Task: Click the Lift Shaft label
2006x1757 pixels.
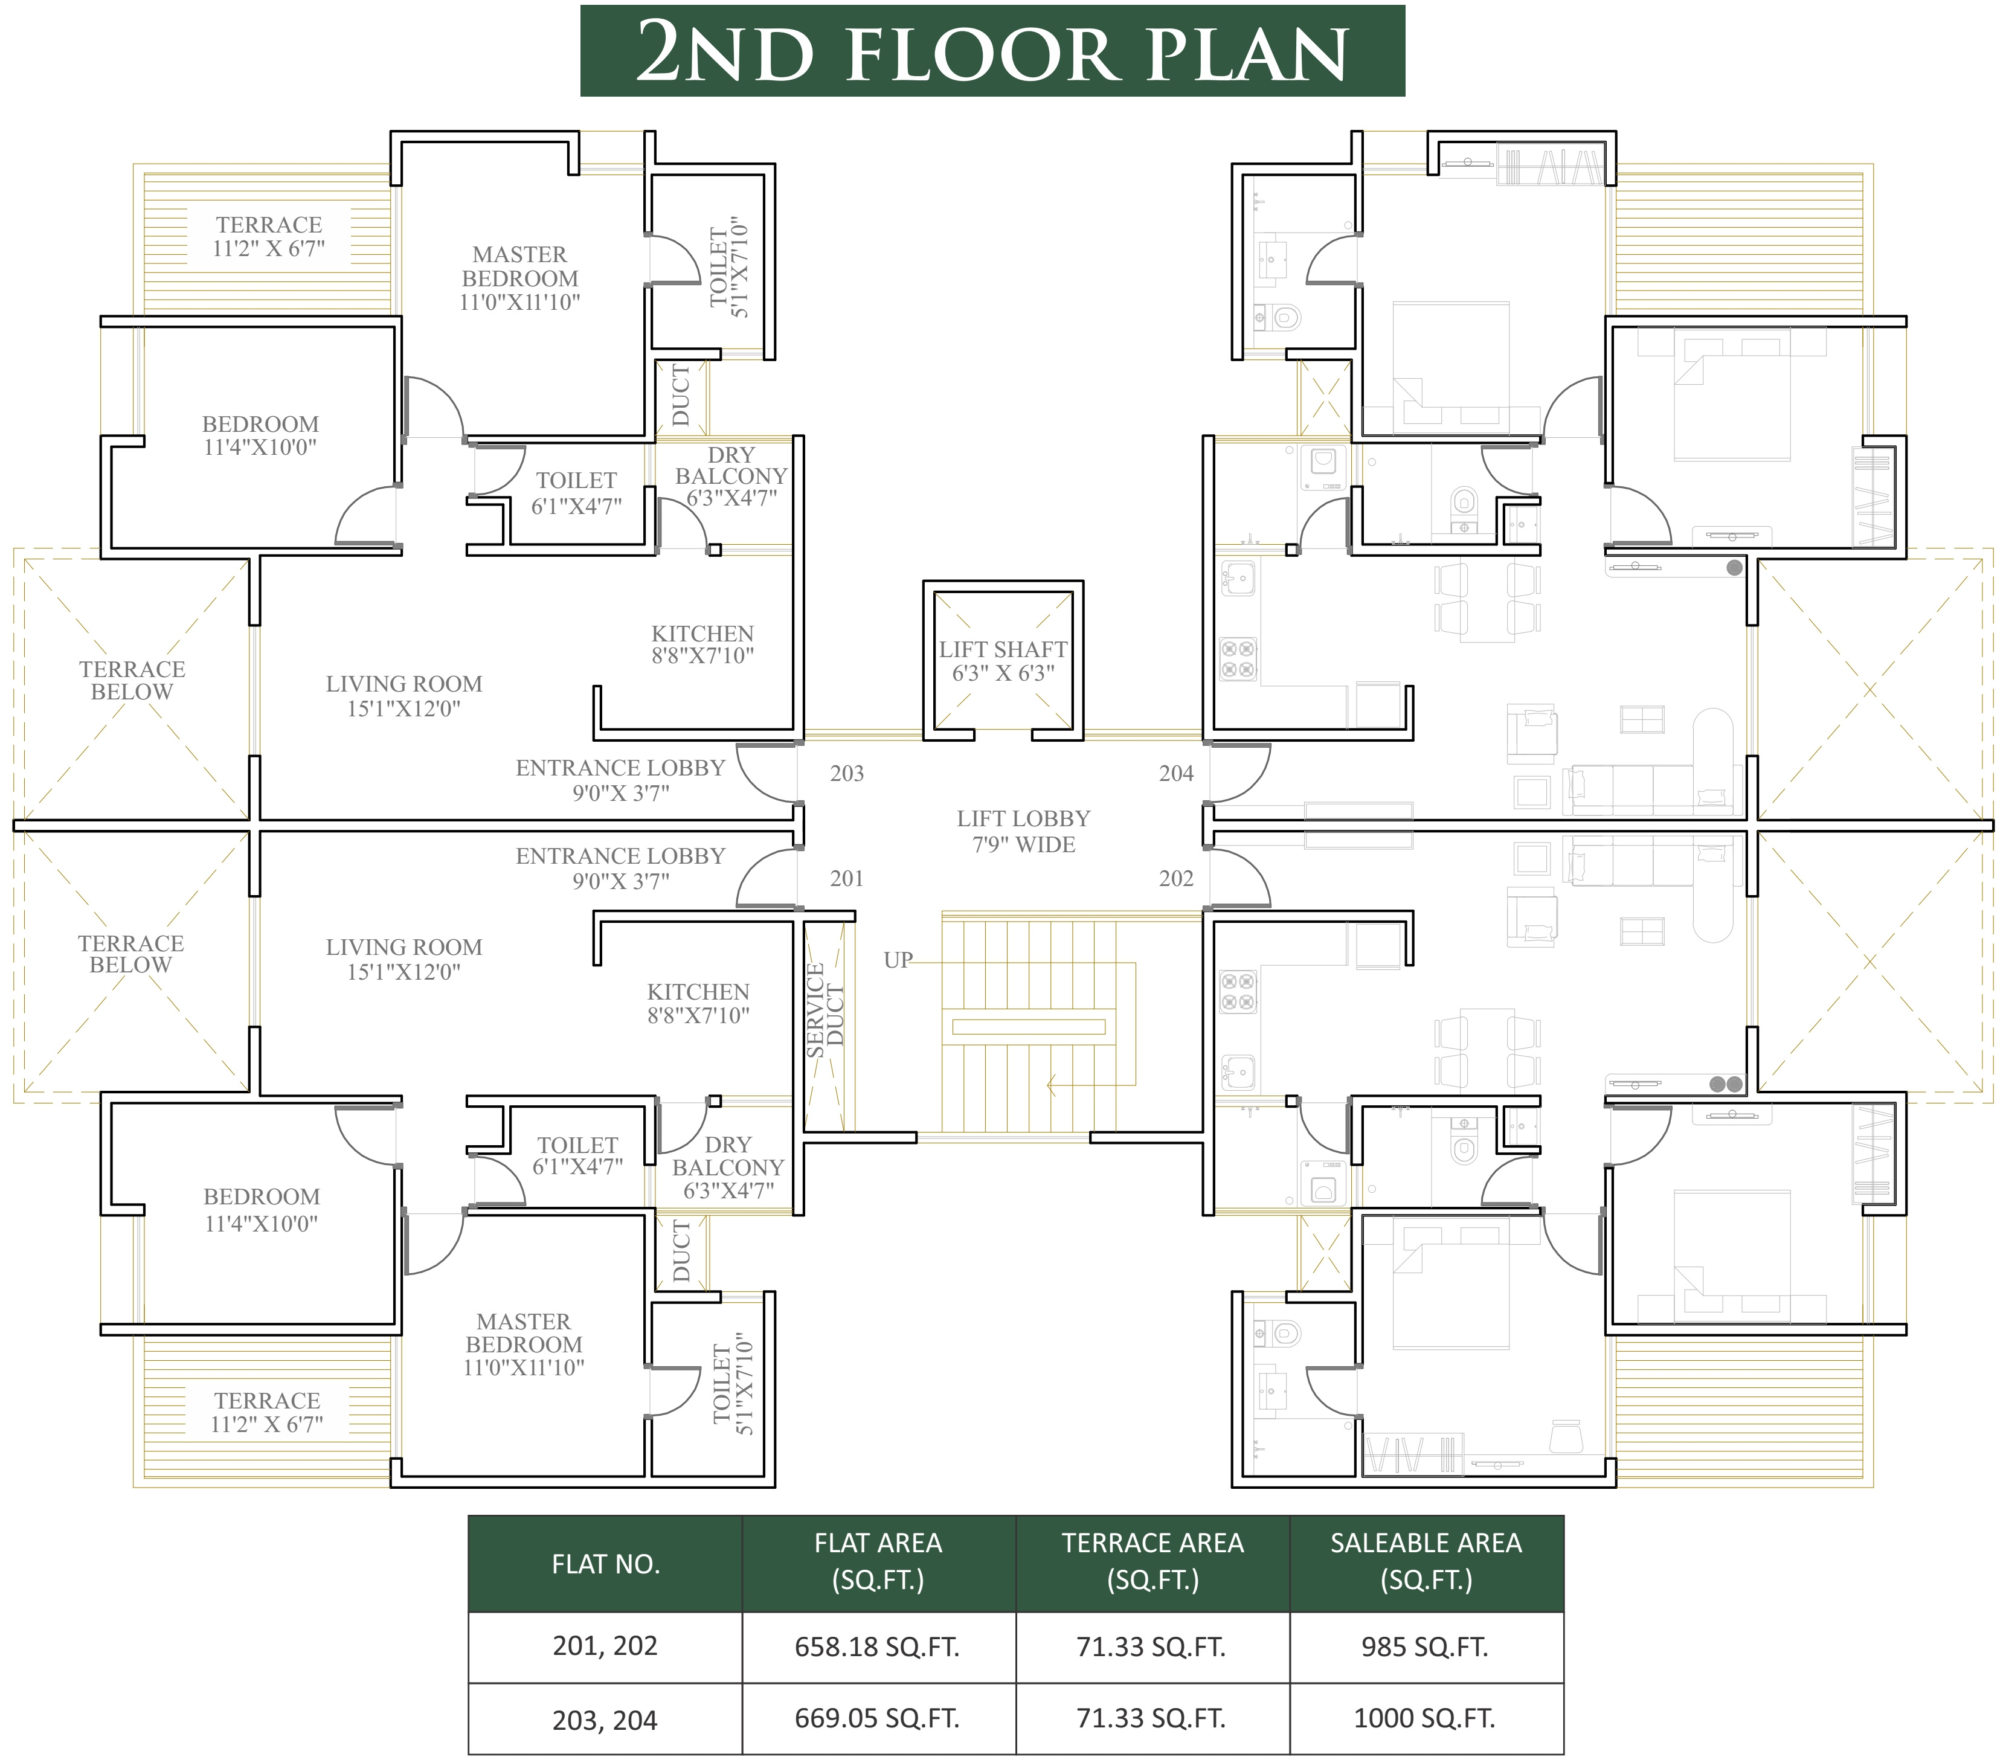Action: pos(1003,661)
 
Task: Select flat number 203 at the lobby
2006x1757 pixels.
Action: pos(847,774)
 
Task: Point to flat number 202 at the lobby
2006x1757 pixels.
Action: pos(1177,878)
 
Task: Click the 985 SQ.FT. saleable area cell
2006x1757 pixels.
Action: pos(1424,1647)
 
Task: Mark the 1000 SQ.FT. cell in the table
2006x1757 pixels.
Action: pos(1424,1718)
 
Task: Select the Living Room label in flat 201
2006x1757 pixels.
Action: pos(404,959)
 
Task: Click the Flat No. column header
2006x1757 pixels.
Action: pos(606,1564)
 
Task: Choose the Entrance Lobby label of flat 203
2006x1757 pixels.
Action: pos(620,780)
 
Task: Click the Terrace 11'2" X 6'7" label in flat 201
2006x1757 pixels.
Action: pos(268,1412)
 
